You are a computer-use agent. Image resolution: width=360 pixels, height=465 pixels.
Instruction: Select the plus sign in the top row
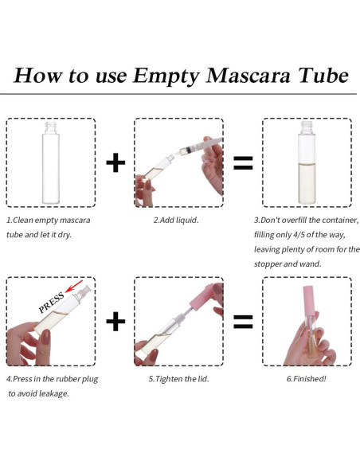point(115,163)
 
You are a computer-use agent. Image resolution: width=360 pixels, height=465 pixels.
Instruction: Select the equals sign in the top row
point(242,163)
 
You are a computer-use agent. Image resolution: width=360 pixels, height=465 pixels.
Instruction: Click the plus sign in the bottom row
point(115,321)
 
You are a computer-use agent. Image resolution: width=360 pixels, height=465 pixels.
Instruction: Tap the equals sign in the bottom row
point(242,321)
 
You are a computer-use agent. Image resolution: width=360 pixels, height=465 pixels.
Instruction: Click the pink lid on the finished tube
point(307,294)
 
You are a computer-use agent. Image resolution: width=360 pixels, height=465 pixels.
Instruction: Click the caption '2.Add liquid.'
point(176,219)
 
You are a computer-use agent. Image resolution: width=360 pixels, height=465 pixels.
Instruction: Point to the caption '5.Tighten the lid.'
point(179,378)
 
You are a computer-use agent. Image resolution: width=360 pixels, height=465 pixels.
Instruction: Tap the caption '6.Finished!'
point(307,378)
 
